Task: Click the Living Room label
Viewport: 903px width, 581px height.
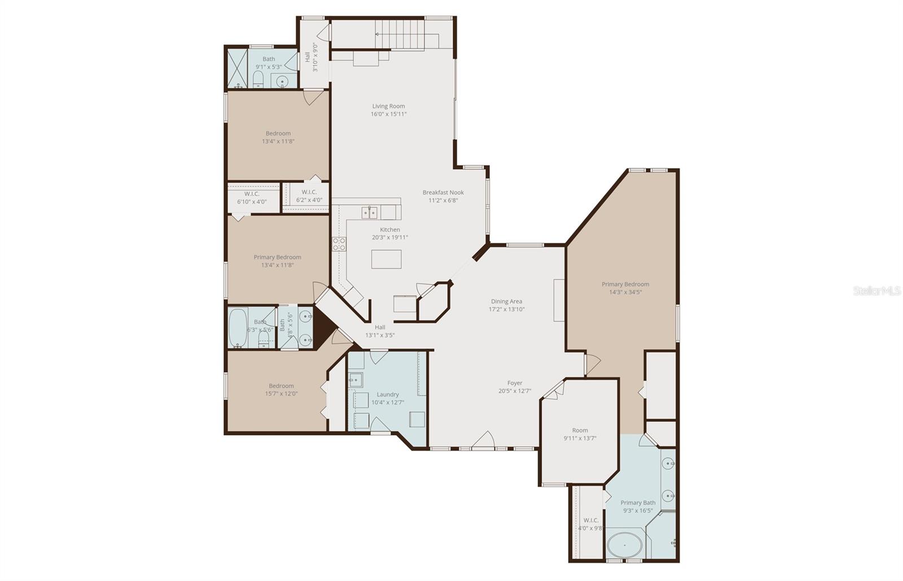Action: [x=388, y=106]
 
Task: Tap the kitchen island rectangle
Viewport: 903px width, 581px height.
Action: [x=386, y=259]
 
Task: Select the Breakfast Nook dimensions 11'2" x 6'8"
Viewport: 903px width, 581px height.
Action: [x=443, y=200]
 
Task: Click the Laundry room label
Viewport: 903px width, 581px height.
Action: [x=387, y=394]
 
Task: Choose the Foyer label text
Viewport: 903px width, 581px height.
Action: [x=514, y=383]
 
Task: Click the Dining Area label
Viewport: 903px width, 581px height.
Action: [x=506, y=301]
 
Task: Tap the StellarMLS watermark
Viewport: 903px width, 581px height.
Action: [x=876, y=291]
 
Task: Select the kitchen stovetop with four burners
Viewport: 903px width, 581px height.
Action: [x=339, y=244]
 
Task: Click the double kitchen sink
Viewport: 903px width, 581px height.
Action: [x=370, y=213]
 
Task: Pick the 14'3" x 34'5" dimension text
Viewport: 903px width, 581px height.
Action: [x=625, y=292]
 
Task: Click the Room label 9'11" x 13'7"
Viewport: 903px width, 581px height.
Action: [x=580, y=430]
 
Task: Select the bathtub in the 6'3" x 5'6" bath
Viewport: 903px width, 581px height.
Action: [x=238, y=327]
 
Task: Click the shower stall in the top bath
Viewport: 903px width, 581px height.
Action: [x=237, y=69]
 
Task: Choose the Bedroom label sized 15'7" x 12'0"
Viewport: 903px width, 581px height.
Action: [x=281, y=386]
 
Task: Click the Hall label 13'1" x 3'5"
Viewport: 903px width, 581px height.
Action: [x=380, y=327]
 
